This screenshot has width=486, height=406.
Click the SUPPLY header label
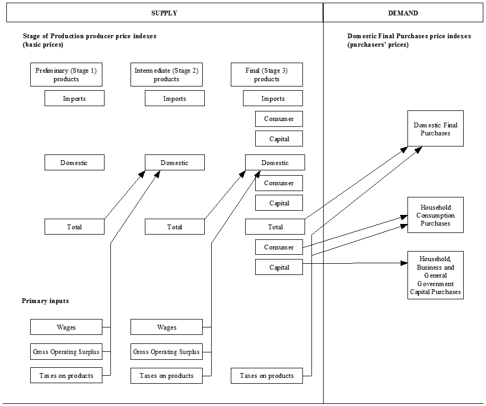click(x=164, y=13)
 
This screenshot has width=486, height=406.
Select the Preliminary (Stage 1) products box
click(x=66, y=75)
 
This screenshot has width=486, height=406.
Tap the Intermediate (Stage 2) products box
click(x=167, y=75)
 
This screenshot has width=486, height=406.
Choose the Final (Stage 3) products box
click(x=267, y=75)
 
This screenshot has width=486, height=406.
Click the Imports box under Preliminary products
click(x=74, y=98)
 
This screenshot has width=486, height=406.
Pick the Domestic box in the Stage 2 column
click(x=175, y=162)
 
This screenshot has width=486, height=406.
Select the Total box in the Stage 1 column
click(x=74, y=227)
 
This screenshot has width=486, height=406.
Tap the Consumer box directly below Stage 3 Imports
click(x=279, y=119)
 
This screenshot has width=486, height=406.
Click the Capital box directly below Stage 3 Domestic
click(x=279, y=203)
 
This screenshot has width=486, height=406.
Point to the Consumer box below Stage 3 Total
click(x=279, y=247)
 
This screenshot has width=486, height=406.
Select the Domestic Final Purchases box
click(x=436, y=129)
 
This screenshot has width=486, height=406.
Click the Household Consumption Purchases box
click(x=436, y=215)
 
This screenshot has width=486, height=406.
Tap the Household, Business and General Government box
click(x=436, y=275)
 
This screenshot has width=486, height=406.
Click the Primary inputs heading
click(x=45, y=301)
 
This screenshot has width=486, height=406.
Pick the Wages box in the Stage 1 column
click(x=66, y=327)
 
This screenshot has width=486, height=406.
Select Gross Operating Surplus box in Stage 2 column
click(x=167, y=351)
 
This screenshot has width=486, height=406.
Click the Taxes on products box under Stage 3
click(x=267, y=376)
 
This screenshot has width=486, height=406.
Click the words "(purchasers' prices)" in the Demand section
click(x=378, y=45)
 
